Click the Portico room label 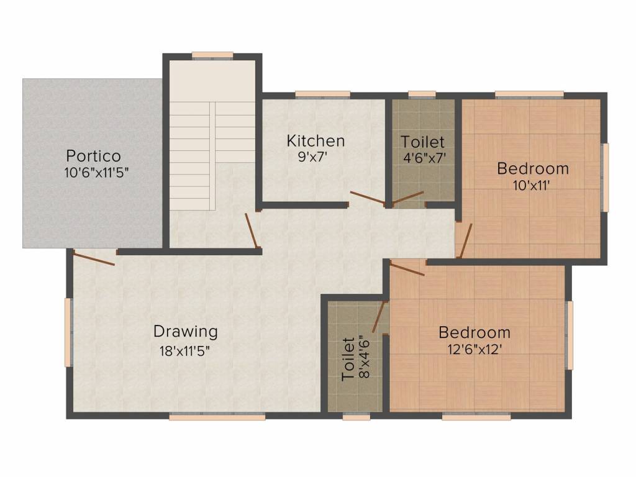[x=94, y=155]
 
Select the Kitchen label [x=316, y=141]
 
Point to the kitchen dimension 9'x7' [x=312, y=157]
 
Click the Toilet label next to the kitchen [x=422, y=142]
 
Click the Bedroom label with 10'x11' [x=533, y=168]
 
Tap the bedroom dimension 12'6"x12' [x=475, y=349]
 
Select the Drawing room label [x=186, y=331]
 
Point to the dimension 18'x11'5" [x=185, y=350]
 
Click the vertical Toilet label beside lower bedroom [x=348, y=358]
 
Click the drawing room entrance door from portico [x=93, y=257]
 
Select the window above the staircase [x=212, y=55]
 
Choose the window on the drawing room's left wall [x=69, y=332]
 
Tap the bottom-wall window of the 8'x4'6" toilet [x=357, y=417]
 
